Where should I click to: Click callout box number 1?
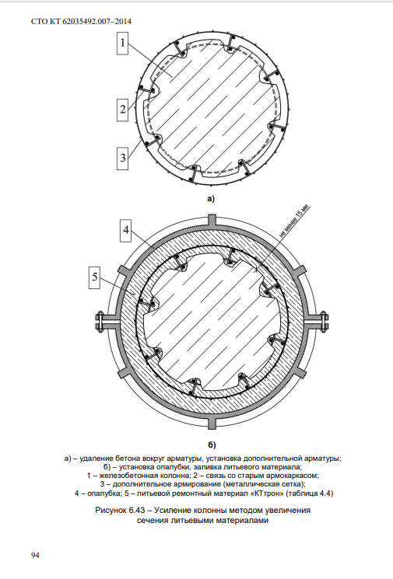(122, 43)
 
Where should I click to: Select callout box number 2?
(123, 110)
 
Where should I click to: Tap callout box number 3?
(123, 158)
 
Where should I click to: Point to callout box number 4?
(126, 230)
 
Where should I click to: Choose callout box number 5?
(95, 277)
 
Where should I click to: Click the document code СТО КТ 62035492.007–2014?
(81, 22)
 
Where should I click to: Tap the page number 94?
(35, 556)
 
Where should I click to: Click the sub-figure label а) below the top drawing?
(211, 199)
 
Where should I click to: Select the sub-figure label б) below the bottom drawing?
(212, 445)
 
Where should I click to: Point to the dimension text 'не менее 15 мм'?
(295, 221)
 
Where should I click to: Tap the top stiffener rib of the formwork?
(212, 220)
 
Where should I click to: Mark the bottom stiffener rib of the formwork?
(212, 423)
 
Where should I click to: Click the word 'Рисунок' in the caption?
(111, 511)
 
